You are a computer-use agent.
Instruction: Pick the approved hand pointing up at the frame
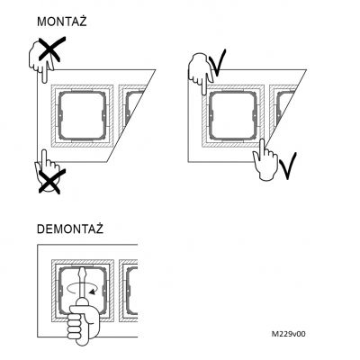(x=265, y=159)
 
